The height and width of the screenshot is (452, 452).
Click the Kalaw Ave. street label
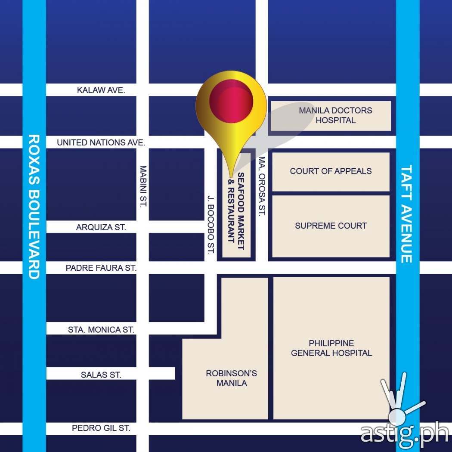tap(101, 90)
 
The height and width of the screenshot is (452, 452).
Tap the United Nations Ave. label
tap(101, 142)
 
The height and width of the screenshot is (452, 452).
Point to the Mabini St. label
tap(143, 186)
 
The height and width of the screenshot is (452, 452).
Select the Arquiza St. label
tap(101, 227)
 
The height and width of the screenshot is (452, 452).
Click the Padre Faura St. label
tap(101, 268)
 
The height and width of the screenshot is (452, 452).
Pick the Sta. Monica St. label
tap(101, 330)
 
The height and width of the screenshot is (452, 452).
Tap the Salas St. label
tap(101, 375)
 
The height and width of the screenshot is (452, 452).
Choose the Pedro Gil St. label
tap(101, 428)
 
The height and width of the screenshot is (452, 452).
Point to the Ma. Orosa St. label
tap(262, 186)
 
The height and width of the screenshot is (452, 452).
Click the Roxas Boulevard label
tap(34, 207)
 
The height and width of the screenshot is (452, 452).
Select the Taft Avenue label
tap(407, 214)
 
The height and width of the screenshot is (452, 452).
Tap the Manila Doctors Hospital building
tap(330, 115)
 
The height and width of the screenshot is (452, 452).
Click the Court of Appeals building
tap(331, 171)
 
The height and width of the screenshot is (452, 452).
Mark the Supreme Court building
tap(331, 226)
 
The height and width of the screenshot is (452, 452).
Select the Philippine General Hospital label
tap(331, 348)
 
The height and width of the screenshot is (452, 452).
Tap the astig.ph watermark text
tap(404, 433)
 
